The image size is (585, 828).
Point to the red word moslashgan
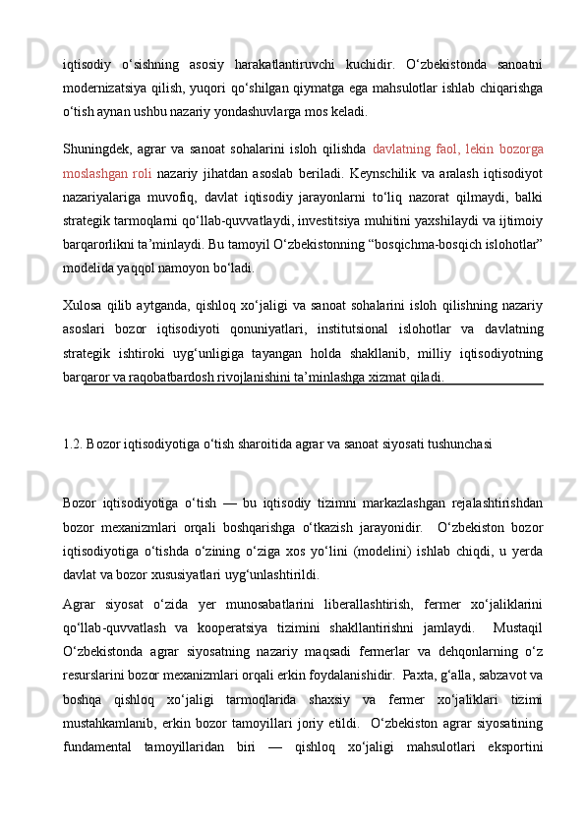click(89, 174)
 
